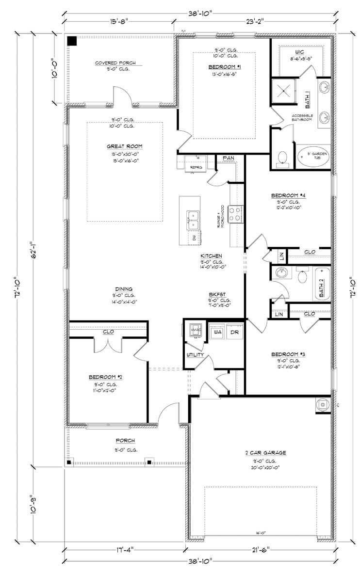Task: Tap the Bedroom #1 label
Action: click(x=225, y=66)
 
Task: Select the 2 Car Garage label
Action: click(x=265, y=453)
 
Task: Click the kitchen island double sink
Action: click(x=193, y=219)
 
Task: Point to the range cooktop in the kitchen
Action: click(x=235, y=214)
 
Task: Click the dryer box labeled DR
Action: click(x=234, y=333)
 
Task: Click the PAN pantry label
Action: click(x=228, y=158)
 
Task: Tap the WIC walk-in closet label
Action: click(x=299, y=51)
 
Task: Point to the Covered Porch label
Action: click(x=115, y=63)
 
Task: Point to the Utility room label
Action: click(x=195, y=355)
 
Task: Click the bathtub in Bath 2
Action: click(x=322, y=284)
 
